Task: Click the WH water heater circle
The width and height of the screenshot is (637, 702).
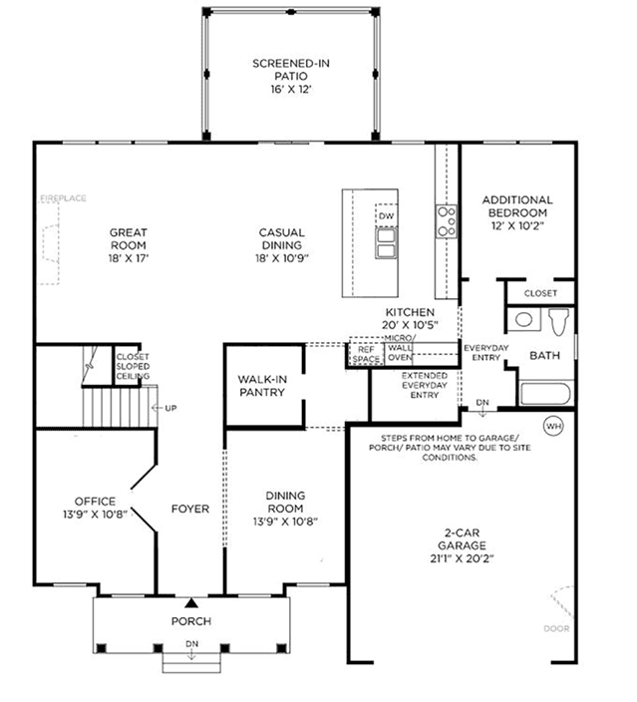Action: pyautogui.click(x=553, y=426)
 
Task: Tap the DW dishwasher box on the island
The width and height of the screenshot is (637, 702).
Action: pyautogui.click(x=386, y=215)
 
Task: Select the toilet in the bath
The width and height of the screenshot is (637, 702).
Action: pyautogui.click(x=558, y=321)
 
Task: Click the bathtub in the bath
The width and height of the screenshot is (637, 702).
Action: pyautogui.click(x=545, y=393)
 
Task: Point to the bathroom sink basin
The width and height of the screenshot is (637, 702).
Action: pyautogui.click(x=523, y=320)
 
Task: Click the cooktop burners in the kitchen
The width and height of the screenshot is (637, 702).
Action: pyautogui.click(x=447, y=221)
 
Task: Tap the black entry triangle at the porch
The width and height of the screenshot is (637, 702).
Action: pyautogui.click(x=191, y=602)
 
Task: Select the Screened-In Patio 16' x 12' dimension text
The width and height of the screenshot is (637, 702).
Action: pyautogui.click(x=290, y=89)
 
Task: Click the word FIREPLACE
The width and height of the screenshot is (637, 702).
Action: pyautogui.click(x=63, y=198)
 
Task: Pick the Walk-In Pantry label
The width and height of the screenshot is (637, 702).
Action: pyautogui.click(x=262, y=386)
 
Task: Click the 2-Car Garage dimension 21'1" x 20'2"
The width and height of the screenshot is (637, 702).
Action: pyautogui.click(x=462, y=558)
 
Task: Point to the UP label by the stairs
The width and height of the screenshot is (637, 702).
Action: pyautogui.click(x=170, y=408)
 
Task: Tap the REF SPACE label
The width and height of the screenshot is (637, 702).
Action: pyautogui.click(x=366, y=354)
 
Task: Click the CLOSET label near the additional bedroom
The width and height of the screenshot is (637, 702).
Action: pyautogui.click(x=540, y=293)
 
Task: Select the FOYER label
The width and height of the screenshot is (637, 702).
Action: pyautogui.click(x=190, y=509)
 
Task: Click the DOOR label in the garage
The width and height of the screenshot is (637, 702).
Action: pyautogui.click(x=556, y=628)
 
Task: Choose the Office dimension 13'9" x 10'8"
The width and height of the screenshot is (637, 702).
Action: pyautogui.click(x=95, y=514)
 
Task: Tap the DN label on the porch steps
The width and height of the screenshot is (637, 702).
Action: pyautogui.click(x=191, y=644)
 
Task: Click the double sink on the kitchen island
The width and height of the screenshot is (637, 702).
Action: pyautogui.click(x=386, y=243)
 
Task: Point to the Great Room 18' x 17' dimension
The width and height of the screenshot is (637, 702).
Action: pyautogui.click(x=128, y=258)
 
